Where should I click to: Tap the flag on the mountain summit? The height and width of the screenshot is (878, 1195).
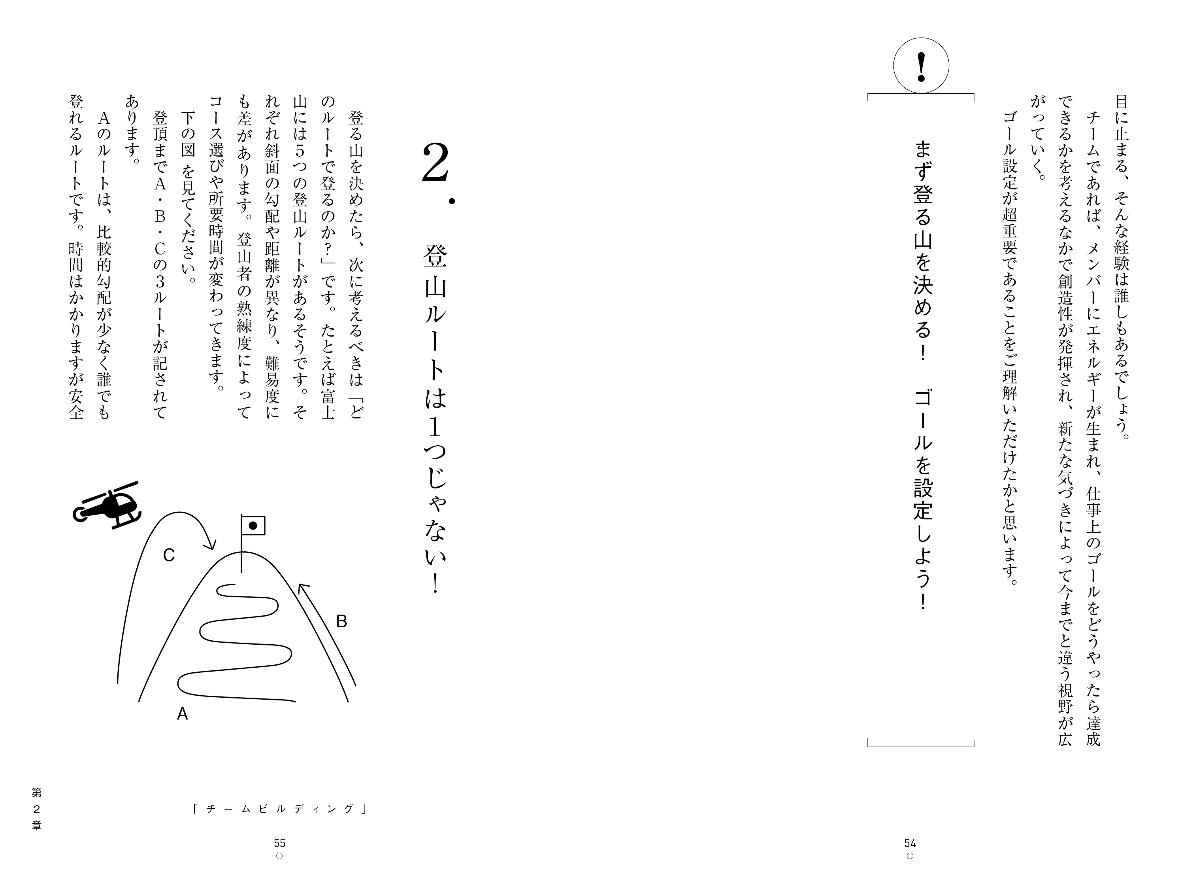[x=253, y=525]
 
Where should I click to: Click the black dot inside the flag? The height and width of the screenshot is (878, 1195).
[x=253, y=526]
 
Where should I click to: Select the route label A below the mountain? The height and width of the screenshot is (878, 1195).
[x=182, y=714]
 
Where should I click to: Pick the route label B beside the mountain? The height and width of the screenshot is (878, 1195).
[x=341, y=621]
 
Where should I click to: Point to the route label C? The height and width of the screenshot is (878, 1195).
[x=169, y=555]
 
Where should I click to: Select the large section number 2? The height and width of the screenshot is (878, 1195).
[x=435, y=163]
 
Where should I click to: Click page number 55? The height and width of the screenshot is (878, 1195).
[x=279, y=843]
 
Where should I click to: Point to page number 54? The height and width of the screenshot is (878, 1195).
[x=910, y=843]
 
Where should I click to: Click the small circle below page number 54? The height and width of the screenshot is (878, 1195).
[x=910, y=856]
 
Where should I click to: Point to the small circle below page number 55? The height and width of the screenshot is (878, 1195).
[x=279, y=856]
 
